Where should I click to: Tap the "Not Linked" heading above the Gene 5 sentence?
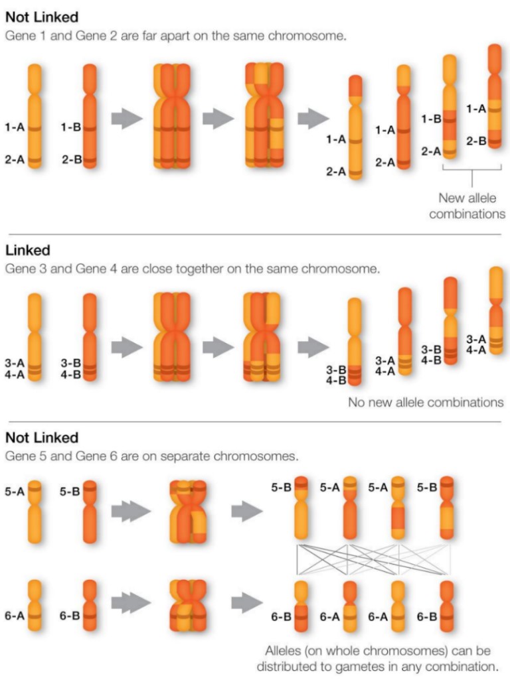[41, 438]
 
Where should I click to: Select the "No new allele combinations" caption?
[426, 402]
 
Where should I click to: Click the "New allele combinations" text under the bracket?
[467, 206]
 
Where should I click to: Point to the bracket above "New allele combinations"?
[471, 171]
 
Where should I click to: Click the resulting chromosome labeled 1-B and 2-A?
[450, 106]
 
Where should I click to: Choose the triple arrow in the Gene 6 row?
[127, 604]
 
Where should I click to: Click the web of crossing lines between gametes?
[374, 559]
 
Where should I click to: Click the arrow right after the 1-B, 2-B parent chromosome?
[127, 119]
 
